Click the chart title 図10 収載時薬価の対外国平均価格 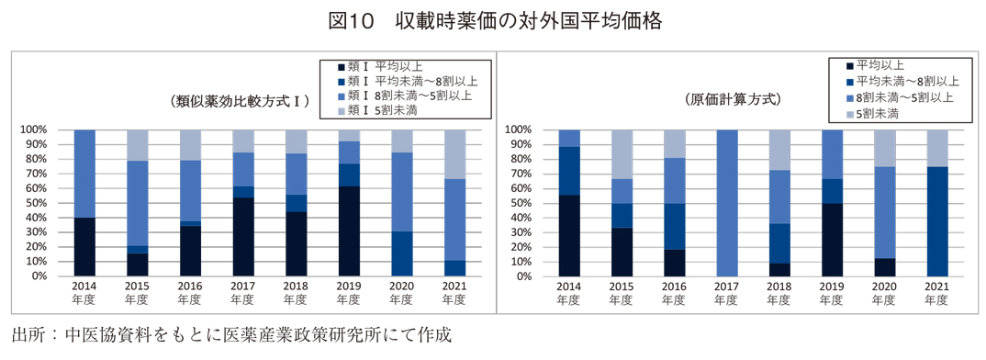pos(492,20)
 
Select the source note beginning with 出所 pos(231,335)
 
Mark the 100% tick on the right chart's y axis pos(519,129)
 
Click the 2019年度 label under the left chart pos(349,293)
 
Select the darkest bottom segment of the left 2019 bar pos(349,231)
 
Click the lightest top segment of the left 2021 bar pos(455,153)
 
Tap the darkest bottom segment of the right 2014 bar pos(569,235)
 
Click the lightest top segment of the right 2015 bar pos(622,153)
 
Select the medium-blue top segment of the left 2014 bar pos(84,173)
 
